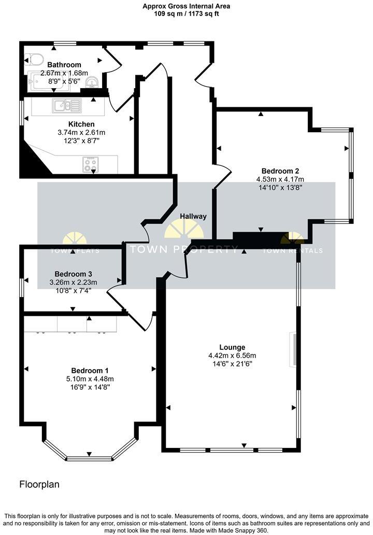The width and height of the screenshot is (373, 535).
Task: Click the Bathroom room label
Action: (64, 65)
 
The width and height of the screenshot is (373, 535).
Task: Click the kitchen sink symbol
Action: (66, 106)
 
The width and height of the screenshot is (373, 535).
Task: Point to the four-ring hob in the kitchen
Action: (90, 164)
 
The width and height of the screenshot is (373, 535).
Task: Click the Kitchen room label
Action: (81, 124)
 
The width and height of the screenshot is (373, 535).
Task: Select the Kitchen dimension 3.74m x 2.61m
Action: (81, 133)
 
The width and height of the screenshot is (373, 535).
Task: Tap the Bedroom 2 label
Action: (280, 171)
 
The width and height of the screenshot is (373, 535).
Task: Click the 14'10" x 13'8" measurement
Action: (280, 188)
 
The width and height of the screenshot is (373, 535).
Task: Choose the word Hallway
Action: (193, 216)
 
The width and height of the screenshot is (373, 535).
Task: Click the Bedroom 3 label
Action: (74, 274)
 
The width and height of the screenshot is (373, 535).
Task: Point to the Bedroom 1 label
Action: (90, 371)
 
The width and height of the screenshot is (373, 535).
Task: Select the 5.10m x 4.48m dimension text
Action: (90, 379)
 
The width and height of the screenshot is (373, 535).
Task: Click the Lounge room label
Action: (232, 347)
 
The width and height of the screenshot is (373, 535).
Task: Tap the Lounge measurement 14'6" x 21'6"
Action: (232, 364)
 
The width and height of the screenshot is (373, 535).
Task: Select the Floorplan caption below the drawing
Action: (39, 485)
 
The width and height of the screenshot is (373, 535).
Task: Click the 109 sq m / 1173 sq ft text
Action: (187, 14)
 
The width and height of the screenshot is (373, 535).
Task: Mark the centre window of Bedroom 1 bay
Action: (90, 458)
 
